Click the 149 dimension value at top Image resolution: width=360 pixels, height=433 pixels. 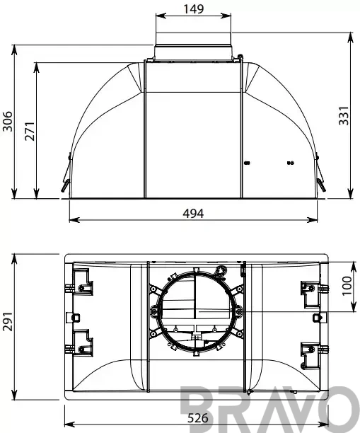194,9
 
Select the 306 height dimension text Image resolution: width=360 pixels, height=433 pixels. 8,122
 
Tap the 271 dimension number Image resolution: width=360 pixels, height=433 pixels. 30,131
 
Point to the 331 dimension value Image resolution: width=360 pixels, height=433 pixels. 344,116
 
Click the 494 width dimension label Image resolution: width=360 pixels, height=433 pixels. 193,214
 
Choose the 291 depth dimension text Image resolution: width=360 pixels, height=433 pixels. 8,321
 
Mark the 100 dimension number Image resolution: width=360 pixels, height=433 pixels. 347,286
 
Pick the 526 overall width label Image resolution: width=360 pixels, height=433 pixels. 198,418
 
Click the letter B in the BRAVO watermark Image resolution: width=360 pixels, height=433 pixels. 198,408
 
